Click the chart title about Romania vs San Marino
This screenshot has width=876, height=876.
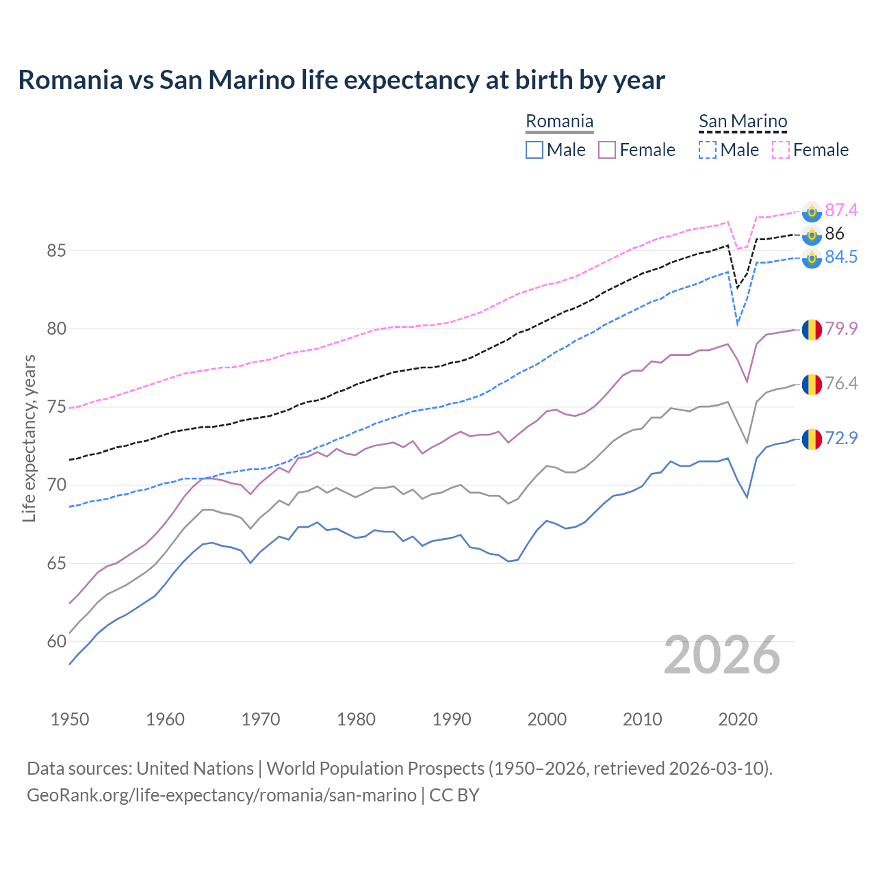(341, 80)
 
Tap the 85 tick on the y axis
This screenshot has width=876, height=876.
(56, 251)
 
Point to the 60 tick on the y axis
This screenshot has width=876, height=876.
(56, 642)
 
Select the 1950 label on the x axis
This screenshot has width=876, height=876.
(70, 719)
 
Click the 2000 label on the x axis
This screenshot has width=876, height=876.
(547, 719)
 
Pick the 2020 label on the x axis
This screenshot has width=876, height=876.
(738, 719)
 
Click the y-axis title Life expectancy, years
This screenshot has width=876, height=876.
(29, 438)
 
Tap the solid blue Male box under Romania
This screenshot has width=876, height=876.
(534, 150)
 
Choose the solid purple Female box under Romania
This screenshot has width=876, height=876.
(607, 150)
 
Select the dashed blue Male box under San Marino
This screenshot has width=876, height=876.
(708, 150)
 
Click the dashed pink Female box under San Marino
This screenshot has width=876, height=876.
(781, 150)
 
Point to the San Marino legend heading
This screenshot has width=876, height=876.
(743, 122)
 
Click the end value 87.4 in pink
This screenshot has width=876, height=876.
(841, 210)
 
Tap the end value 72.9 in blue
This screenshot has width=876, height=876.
(841, 438)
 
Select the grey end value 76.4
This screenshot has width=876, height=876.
(841, 383)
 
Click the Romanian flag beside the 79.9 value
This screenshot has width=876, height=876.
(812, 329)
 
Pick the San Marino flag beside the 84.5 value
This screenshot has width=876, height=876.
(812, 259)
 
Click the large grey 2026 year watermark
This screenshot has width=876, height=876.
(722, 655)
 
